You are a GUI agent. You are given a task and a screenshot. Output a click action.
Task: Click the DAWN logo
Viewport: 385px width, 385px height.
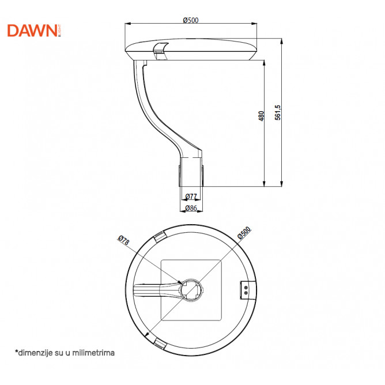click(x=34, y=31)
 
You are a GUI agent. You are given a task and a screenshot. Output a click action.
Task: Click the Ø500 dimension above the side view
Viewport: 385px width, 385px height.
click(x=191, y=20)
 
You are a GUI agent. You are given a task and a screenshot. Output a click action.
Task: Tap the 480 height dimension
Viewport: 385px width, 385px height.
click(x=261, y=116)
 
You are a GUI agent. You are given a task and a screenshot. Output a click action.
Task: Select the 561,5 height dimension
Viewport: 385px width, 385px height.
click(x=278, y=113)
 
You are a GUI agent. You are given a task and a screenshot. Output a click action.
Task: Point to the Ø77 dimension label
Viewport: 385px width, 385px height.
click(x=191, y=197)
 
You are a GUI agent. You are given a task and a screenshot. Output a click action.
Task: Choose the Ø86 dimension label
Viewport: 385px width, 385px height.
click(x=191, y=208)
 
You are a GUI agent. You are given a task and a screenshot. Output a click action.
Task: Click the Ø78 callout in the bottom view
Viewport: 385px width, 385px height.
click(x=123, y=240)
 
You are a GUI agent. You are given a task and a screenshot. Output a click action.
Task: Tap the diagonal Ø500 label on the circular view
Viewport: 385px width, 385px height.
click(x=244, y=233)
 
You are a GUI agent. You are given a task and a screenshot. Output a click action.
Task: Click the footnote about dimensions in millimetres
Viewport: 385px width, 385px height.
click(x=65, y=353)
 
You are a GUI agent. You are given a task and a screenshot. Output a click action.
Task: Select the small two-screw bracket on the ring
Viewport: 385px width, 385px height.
click(x=246, y=290)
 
